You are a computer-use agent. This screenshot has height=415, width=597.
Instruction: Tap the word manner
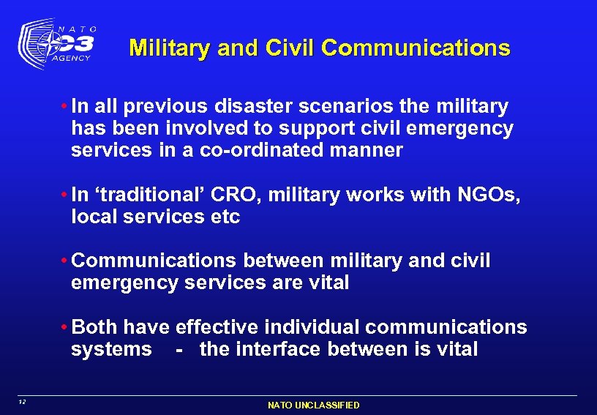[x=372, y=151]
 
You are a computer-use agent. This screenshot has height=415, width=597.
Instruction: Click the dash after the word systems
[x=179, y=349]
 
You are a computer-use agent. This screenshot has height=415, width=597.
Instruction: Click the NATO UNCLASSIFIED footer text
[x=313, y=405]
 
